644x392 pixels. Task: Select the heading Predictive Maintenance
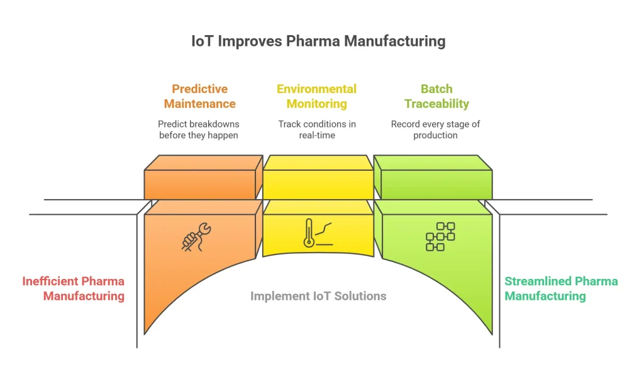click(199, 96)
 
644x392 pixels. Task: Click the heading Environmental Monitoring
click(316, 96)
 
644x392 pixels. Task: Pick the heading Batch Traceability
click(436, 96)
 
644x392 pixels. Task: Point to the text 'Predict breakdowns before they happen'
click(198, 129)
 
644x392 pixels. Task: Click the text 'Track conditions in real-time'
click(316, 129)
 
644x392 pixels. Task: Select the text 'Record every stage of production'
click(435, 129)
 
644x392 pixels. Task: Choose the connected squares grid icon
click(440, 236)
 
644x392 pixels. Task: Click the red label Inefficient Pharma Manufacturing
click(74, 288)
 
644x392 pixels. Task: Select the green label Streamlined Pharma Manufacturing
click(561, 288)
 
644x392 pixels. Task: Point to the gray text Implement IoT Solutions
click(318, 296)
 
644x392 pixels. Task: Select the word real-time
click(317, 136)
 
